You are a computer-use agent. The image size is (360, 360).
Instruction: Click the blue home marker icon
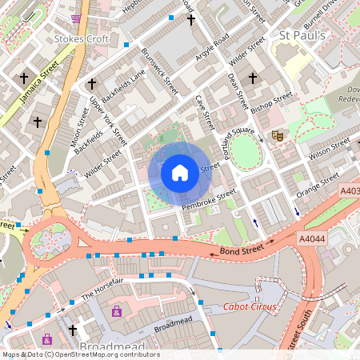(180, 172)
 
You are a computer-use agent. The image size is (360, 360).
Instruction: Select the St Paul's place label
(302, 35)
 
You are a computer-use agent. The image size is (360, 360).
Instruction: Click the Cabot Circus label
(250, 307)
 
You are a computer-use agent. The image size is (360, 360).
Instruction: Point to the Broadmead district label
(113, 346)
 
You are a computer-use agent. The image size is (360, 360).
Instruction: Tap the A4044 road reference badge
(313, 238)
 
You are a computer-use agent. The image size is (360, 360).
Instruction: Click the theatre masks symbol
(277, 136)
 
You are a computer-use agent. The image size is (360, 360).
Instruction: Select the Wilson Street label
(330, 146)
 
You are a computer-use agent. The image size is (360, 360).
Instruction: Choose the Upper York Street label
(107, 120)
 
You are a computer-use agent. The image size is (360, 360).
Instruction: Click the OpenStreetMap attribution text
(80, 354)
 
